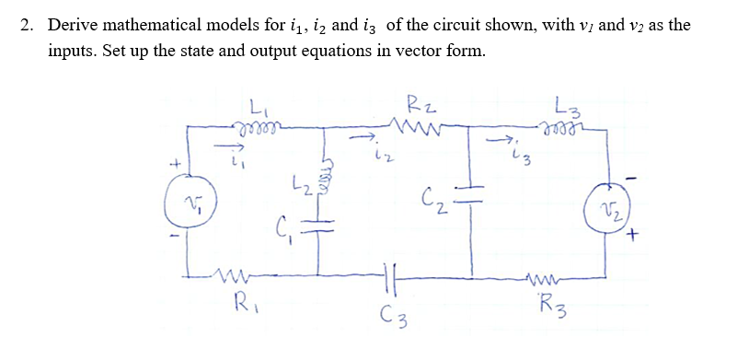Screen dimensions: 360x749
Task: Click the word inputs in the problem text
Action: pyautogui.click(x=74, y=52)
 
